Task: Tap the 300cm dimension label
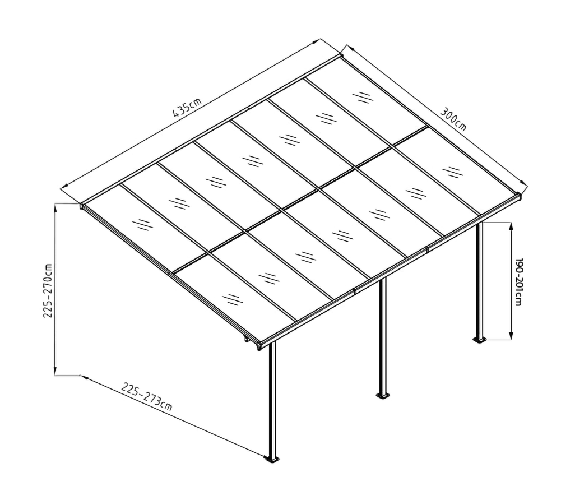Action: pyautogui.click(x=453, y=118)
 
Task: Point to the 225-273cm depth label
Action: pyautogui.click(x=146, y=396)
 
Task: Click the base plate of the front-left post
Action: pyautogui.click(x=273, y=460)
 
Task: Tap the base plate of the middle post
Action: pyautogui.click(x=383, y=395)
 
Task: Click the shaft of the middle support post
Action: pyautogui.click(x=383, y=336)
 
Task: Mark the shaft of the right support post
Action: pyautogui.click(x=479, y=280)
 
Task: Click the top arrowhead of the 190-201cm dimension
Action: pyautogui.click(x=511, y=225)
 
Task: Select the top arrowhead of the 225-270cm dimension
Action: pyautogui.click(x=55, y=207)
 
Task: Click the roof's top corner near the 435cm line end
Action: pyautogui.click(x=340, y=55)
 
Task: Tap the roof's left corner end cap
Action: pyautogui.click(x=82, y=206)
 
